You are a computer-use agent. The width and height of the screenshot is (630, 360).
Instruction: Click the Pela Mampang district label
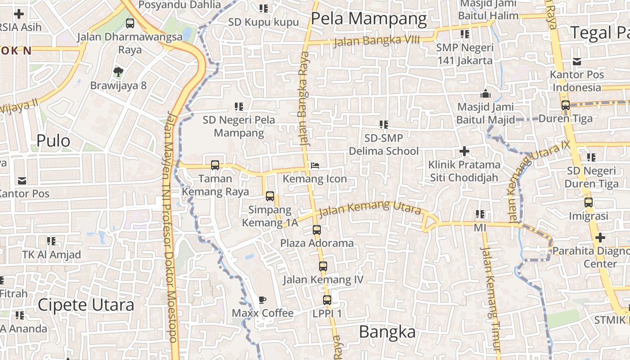(369, 19)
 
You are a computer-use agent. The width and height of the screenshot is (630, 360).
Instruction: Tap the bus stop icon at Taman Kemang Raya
(215, 165)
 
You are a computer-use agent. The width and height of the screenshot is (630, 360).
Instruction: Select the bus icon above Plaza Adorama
(317, 230)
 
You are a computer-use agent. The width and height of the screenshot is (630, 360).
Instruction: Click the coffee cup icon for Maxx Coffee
(262, 300)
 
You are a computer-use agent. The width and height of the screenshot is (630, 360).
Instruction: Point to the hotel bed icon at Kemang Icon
(315, 166)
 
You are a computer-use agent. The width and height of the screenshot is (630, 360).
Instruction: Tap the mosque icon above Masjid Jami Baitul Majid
(485, 94)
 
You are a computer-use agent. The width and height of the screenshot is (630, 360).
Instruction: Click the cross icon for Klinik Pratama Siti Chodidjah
(464, 151)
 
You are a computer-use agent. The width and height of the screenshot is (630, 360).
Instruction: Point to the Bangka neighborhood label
(387, 332)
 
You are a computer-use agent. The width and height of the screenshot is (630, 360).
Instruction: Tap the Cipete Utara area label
(85, 305)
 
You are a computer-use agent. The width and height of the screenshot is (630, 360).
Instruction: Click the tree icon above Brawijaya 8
(118, 72)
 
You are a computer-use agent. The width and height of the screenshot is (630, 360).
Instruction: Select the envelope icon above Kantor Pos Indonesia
(576, 62)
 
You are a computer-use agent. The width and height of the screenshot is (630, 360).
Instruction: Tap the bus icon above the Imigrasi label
(588, 202)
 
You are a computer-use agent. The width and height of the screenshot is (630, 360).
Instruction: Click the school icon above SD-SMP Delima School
(383, 125)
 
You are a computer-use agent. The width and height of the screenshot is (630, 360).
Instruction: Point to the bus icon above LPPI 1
(327, 300)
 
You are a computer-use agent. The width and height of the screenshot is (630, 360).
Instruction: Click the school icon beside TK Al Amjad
(51, 241)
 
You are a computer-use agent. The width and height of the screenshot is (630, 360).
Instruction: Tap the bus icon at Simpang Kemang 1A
(270, 196)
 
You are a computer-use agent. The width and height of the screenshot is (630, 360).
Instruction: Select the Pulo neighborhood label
(53, 141)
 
